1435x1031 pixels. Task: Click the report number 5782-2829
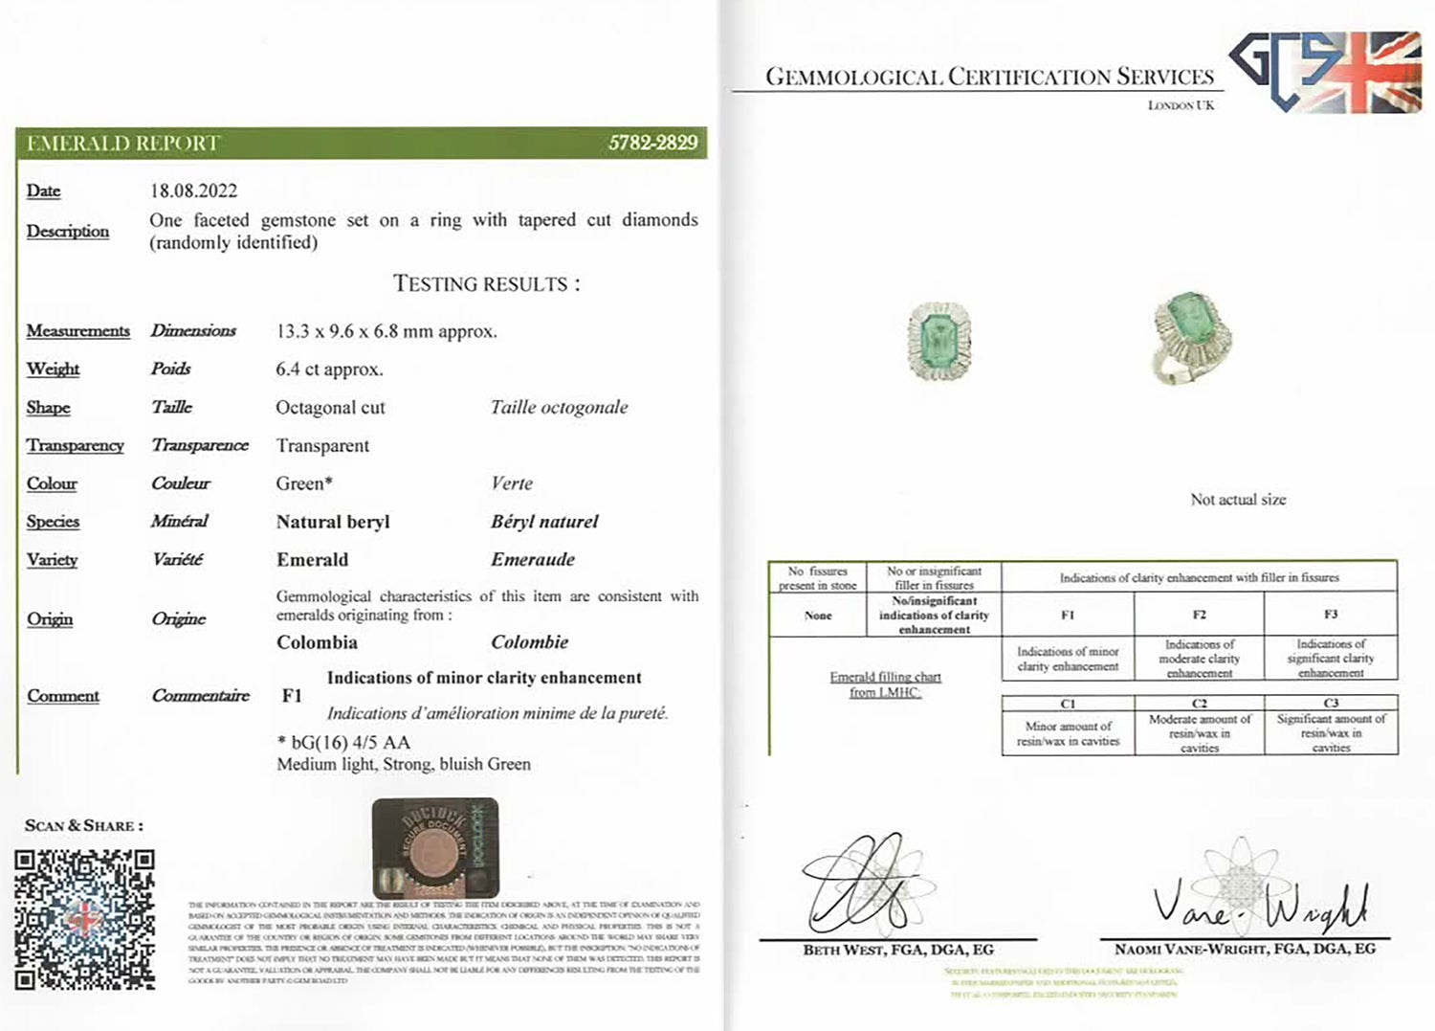coord(652,143)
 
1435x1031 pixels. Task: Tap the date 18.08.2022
coord(193,191)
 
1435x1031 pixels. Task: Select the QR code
coord(84,919)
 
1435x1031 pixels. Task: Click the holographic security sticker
coord(435,847)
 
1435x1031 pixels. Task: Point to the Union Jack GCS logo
coord(1326,72)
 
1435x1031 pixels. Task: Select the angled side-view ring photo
coord(1191,340)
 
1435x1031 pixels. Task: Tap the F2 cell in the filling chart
coord(1199,615)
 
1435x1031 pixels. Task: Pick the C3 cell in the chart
coord(1330,704)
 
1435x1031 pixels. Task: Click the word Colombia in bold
coord(317,642)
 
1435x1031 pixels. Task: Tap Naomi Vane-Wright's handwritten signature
coord(1258,905)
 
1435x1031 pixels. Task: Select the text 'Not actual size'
coord(1238,500)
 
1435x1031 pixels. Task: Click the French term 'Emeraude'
coord(533,560)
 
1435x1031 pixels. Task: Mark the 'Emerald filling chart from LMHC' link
coord(885,684)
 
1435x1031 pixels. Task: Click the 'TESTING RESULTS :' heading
coord(486,284)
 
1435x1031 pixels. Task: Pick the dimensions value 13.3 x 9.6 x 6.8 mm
coord(386,331)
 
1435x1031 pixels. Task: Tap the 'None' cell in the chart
coord(818,616)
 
